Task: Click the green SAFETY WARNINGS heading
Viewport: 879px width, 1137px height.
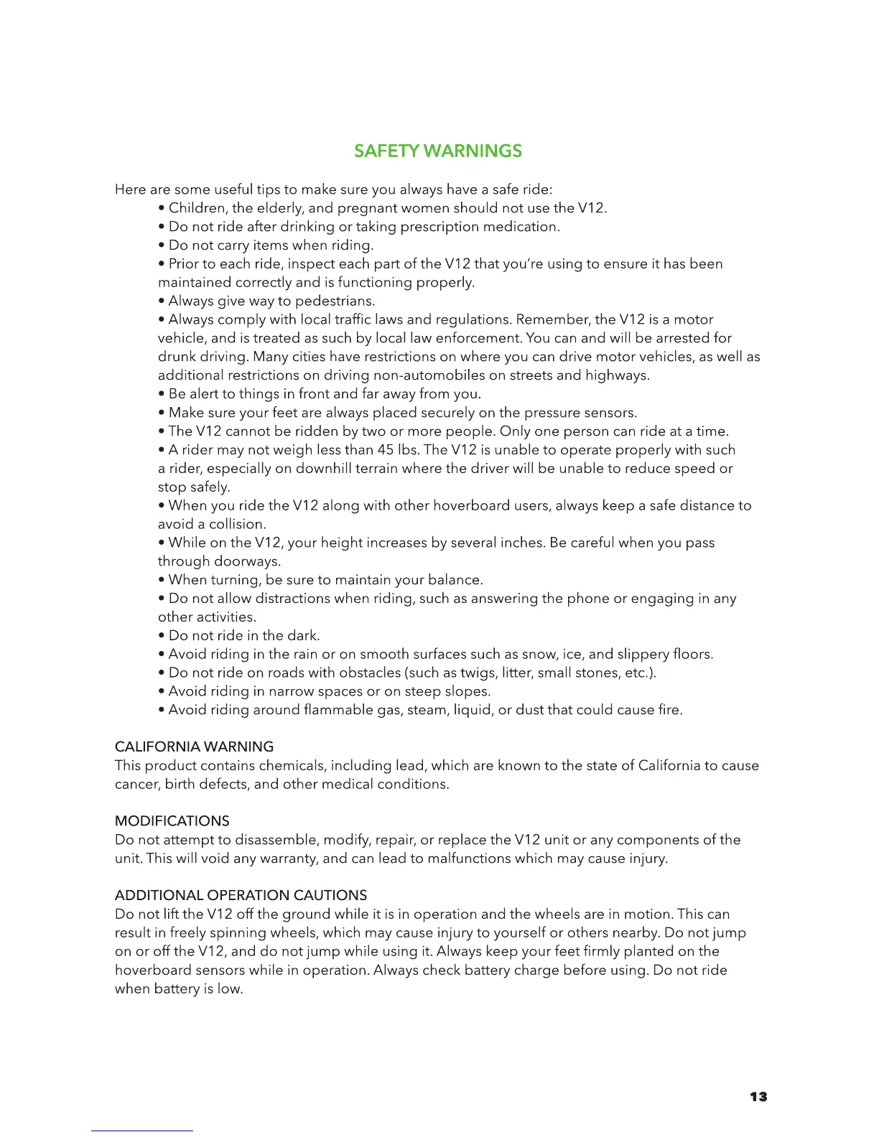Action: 438,151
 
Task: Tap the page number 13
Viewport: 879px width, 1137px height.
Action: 758,1097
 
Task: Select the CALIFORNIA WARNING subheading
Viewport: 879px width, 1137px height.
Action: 194,747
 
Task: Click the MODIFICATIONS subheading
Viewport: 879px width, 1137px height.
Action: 172,821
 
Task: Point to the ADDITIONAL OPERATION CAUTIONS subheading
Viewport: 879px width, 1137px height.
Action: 241,895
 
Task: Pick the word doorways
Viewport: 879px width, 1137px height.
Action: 247,561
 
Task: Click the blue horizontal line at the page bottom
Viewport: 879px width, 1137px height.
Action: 142,1131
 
